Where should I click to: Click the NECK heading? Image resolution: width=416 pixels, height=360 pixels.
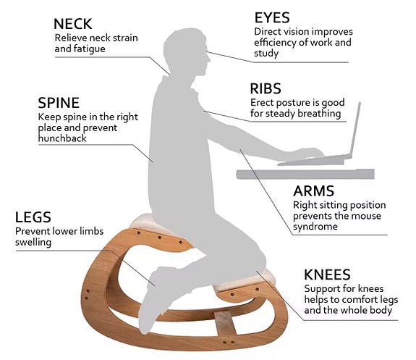click(72, 24)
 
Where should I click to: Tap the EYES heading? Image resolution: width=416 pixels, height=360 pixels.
click(272, 18)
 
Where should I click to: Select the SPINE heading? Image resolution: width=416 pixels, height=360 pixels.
click(59, 103)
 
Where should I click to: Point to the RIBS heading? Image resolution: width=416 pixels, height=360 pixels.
click(266, 89)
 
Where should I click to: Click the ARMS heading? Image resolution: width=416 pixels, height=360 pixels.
click(313, 191)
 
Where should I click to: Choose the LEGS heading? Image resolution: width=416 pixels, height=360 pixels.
click(33, 217)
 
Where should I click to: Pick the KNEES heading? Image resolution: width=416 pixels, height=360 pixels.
click(327, 275)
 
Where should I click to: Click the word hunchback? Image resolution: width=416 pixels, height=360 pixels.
click(62, 138)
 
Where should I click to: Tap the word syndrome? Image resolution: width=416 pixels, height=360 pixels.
click(315, 227)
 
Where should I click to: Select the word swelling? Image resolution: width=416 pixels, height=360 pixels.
click(33, 243)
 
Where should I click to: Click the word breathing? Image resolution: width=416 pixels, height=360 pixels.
click(319, 114)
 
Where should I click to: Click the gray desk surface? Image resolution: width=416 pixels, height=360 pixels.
click(305, 174)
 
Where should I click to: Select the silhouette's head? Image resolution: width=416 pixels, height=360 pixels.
click(186, 51)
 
